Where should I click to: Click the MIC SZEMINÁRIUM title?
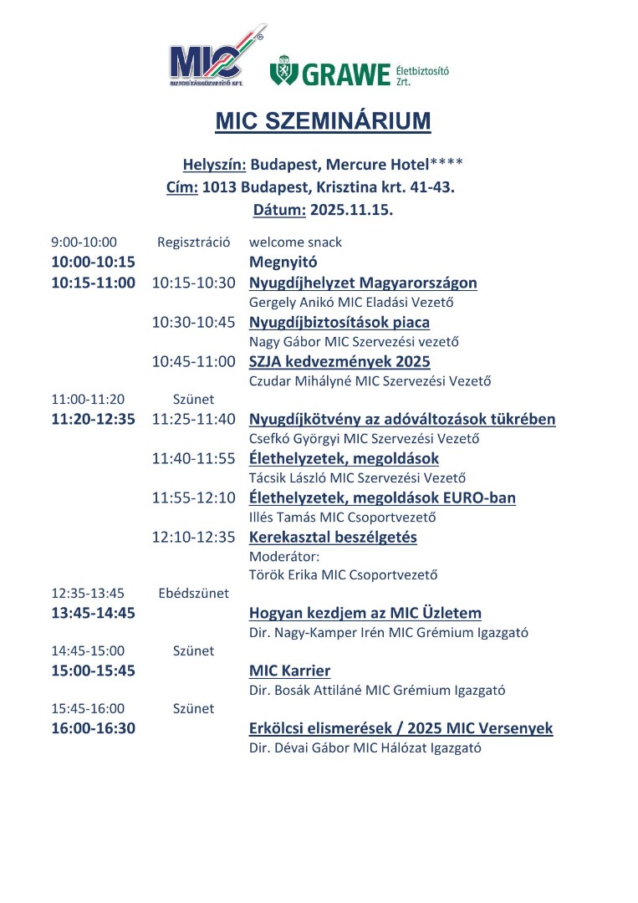(323, 121)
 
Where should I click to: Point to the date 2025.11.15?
(351, 210)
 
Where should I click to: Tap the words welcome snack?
(295, 242)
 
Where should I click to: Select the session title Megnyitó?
(283, 262)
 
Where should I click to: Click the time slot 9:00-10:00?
(84, 242)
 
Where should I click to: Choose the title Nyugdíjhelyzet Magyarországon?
(363, 283)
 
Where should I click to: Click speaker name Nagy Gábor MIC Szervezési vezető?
(355, 341)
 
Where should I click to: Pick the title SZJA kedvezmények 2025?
(339, 361)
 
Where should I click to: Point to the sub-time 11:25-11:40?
(194, 419)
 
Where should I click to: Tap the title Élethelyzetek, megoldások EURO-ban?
(382, 497)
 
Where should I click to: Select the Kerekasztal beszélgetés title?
(333, 537)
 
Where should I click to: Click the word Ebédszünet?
(193, 594)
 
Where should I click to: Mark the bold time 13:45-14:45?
(93, 613)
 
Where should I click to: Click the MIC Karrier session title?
(289, 671)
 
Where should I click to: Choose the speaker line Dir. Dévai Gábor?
(365, 748)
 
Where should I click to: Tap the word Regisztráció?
(193, 242)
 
